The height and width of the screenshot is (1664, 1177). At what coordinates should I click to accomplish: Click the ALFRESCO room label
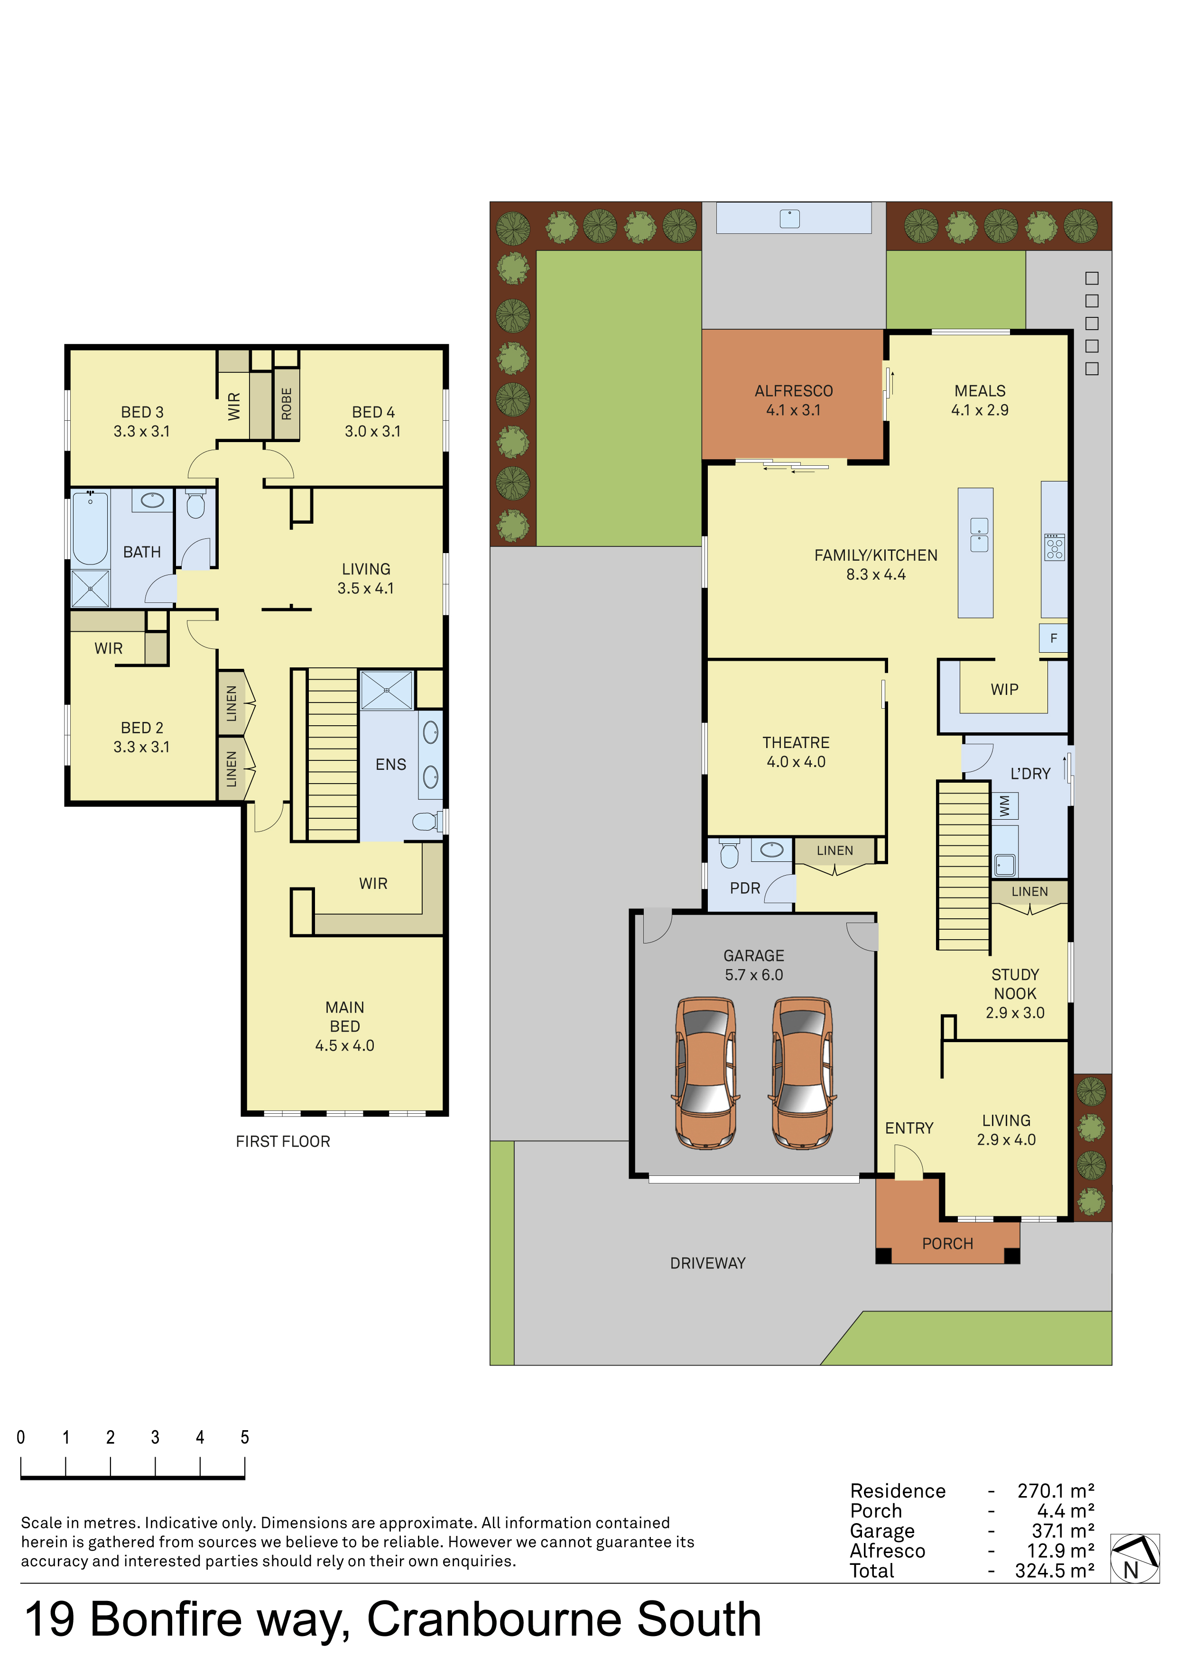794,391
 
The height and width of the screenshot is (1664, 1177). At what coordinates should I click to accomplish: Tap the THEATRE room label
796,743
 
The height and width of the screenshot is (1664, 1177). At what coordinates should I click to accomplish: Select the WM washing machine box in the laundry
1004,806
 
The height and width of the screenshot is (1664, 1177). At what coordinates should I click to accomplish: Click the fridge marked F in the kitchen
1053,638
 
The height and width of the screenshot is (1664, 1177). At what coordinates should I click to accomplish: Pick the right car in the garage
802,1072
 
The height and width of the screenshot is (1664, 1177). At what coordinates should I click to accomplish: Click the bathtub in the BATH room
91,527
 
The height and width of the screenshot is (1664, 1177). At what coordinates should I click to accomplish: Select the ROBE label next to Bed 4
286,404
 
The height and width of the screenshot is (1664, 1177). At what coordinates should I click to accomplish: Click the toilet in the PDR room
729,854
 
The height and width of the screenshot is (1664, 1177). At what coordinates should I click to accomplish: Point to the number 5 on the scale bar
245,1437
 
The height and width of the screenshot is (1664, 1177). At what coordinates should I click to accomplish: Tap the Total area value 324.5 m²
1055,1571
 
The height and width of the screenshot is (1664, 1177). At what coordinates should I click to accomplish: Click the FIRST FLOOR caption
283,1141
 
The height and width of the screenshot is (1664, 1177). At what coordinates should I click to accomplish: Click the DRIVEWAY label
707,1263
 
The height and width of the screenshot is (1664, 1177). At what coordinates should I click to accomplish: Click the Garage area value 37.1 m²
1063,1531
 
